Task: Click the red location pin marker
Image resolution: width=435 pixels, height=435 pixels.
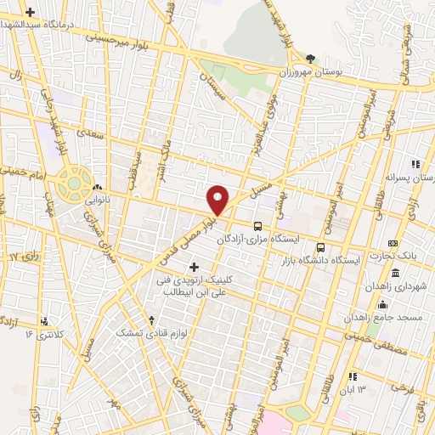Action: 218,199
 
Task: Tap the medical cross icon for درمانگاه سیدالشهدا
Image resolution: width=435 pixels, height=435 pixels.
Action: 31,13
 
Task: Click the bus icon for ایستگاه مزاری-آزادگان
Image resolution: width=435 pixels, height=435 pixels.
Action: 257,226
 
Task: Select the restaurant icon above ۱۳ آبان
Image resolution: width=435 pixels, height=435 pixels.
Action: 352,376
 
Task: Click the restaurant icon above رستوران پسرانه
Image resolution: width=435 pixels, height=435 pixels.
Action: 415,164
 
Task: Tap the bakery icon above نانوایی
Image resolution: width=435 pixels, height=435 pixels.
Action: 98,188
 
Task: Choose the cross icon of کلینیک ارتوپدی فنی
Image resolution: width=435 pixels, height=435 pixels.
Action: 194,268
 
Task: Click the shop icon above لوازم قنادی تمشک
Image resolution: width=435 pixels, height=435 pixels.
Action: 151,321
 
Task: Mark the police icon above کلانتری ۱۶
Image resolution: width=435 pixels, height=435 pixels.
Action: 43,321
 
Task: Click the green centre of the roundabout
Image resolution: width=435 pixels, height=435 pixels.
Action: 75,180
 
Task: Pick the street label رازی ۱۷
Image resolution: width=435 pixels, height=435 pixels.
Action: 24,256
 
